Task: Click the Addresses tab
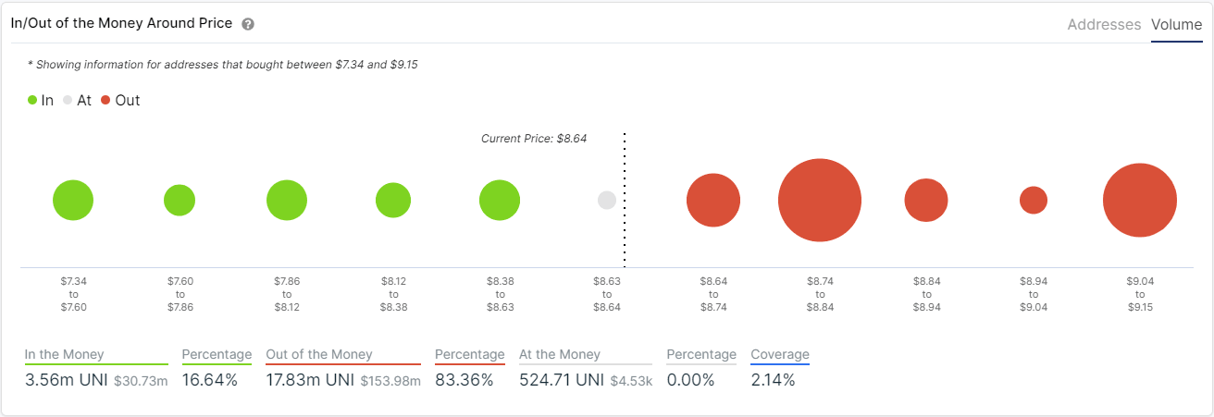tap(1104, 25)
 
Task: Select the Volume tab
tap(1176, 25)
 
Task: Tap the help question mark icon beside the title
tap(248, 24)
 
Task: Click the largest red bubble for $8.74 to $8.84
tap(820, 201)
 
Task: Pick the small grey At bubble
tap(607, 200)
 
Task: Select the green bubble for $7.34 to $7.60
tap(73, 201)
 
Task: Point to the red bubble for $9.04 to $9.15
tap(1139, 201)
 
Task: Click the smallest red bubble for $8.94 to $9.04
tap(1033, 200)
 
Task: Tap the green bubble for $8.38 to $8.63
tap(500, 201)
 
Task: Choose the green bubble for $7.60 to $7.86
tap(180, 200)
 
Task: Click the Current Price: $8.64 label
tap(534, 139)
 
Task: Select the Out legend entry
tap(120, 101)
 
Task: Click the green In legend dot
tap(32, 101)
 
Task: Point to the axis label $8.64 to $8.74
tap(713, 293)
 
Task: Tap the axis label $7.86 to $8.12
tap(287, 293)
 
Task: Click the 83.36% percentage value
tap(465, 380)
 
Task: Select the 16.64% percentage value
tap(210, 380)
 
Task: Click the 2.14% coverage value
tap(773, 380)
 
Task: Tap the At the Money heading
tap(560, 354)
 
